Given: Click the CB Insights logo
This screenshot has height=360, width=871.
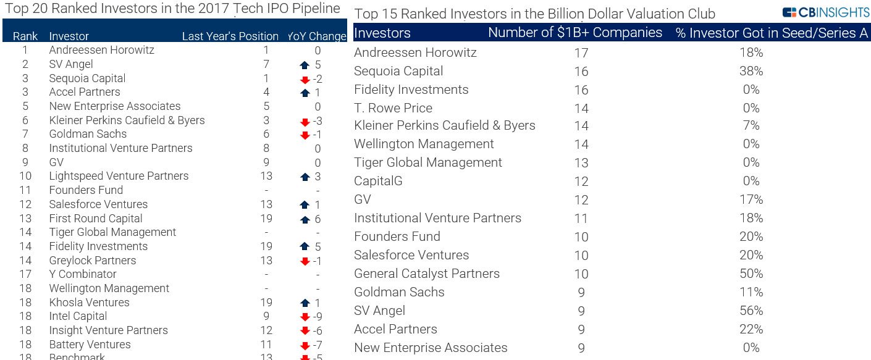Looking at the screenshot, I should tap(826, 12).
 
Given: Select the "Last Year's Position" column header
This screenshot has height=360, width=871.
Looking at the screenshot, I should tap(230, 36).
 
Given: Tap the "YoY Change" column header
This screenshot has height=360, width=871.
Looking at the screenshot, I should tap(317, 36).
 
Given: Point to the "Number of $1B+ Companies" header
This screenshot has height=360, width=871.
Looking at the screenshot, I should tap(575, 33).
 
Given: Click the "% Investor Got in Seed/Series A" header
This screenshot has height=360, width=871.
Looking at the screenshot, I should tap(772, 33).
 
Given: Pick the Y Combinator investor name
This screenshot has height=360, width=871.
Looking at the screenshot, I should tap(83, 274).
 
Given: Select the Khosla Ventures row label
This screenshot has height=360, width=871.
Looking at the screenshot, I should tap(89, 303).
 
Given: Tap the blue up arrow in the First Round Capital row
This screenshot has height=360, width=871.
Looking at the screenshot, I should tap(305, 220).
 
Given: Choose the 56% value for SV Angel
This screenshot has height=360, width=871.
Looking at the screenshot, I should tap(751, 311).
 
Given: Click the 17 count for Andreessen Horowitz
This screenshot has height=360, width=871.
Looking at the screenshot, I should tap(581, 53).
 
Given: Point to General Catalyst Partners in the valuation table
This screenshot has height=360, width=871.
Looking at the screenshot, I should tap(427, 274).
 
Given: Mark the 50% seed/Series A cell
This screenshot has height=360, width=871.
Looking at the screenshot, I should tap(751, 274).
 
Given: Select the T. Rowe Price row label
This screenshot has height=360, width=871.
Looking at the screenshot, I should tap(393, 108).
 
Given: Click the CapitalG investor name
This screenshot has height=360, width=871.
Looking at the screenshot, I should tap(379, 181).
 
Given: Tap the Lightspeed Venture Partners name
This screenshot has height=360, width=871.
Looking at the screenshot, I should tap(119, 176).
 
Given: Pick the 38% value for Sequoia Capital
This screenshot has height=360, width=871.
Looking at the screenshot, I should tap(751, 72).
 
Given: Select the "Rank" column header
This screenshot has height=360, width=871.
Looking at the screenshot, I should tap(25, 36).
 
